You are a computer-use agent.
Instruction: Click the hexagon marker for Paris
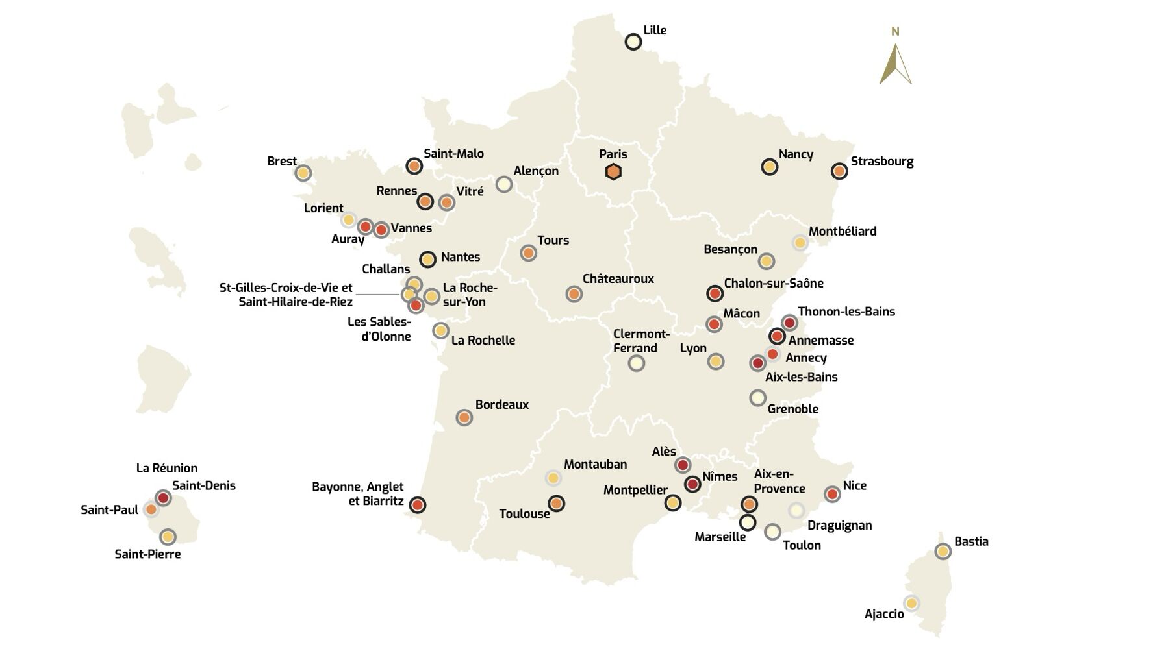click(613, 172)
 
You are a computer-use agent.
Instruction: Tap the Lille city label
click(655, 31)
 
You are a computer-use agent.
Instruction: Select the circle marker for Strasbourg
click(839, 171)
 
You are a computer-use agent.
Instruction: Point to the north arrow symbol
click(895, 64)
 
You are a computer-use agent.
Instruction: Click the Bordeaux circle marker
click(464, 417)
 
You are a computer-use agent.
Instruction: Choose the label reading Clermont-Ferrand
click(640, 341)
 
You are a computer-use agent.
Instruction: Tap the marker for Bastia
click(943, 552)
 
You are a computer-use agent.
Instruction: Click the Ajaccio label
click(884, 614)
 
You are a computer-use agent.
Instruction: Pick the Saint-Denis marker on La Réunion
click(163, 498)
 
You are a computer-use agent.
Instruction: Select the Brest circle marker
click(303, 173)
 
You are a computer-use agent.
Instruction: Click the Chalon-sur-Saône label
click(774, 284)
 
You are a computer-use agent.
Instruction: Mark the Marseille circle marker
click(748, 522)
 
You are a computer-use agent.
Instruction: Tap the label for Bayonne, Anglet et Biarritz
click(357, 495)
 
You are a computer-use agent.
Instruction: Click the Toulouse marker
click(556, 503)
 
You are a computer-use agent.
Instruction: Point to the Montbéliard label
click(843, 232)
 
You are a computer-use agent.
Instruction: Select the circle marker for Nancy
click(770, 167)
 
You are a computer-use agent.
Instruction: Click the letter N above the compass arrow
click(895, 32)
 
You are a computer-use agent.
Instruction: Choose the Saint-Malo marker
click(414, 166)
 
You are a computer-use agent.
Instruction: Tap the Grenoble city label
click(792, 410)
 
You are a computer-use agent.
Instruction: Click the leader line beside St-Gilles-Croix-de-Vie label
click(377, 295)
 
